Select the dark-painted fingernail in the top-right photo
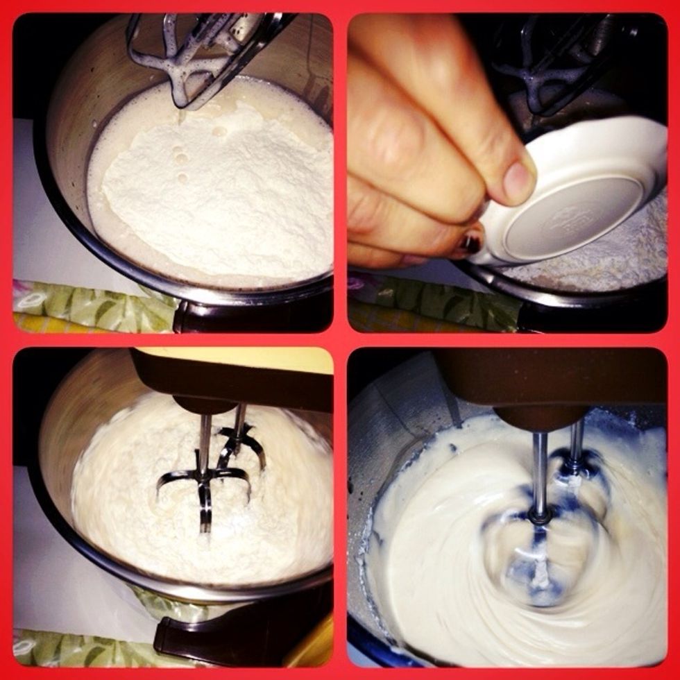[x=472, y=243]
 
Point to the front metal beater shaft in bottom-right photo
[x=540, y=472]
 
